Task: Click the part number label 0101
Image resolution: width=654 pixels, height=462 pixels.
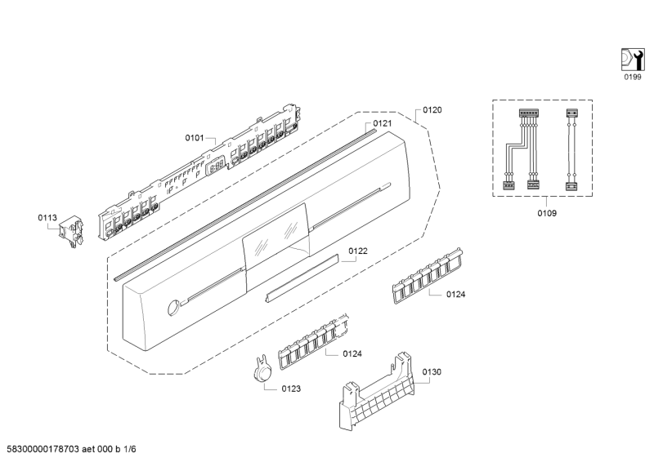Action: point(194,138)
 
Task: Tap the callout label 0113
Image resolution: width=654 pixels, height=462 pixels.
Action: point(47,217)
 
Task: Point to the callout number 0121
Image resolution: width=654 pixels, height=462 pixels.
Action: point(383,123)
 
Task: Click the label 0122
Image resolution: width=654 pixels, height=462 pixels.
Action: point(358,251)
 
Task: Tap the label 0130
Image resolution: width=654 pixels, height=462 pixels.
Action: point(432,372)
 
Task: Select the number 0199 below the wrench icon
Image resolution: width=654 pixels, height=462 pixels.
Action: point(632,77)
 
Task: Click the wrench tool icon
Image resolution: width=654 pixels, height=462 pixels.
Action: point(632,59)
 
